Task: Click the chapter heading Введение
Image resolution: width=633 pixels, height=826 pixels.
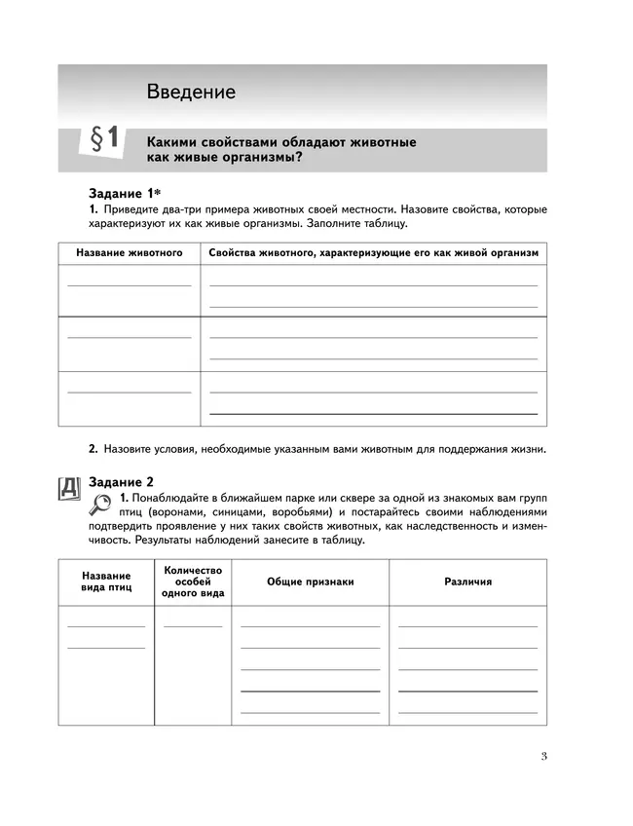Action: (191, 93)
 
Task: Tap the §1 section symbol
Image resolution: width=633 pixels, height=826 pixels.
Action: (103, 140)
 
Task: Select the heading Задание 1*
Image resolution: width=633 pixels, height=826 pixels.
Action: (124, 194)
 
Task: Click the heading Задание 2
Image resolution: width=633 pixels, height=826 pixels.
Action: (122, 481)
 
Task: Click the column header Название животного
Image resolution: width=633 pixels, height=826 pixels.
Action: (130, 252)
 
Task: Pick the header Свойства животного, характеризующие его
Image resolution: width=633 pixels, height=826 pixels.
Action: (373, 252)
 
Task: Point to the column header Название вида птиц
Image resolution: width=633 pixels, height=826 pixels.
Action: (105, 582)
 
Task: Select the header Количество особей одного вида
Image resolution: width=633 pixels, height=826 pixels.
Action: (194, 582)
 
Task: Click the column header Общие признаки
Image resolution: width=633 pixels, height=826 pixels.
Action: (311, 582)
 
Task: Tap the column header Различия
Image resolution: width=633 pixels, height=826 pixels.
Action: (468, 582)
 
